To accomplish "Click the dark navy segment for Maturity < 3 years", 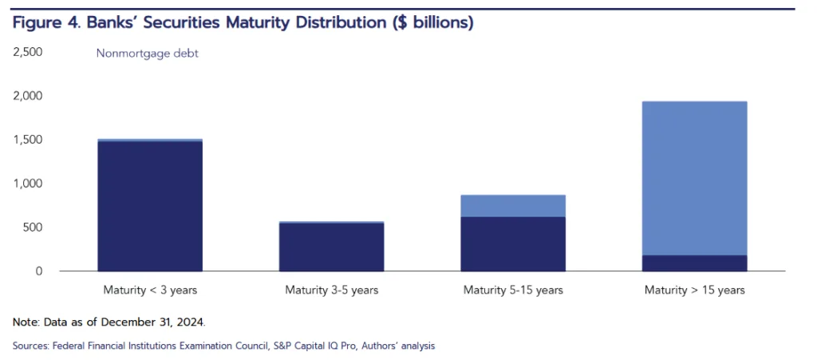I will pos(149,206).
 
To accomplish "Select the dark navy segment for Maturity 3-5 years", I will pos(331,247).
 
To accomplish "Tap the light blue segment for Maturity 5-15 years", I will pos(513,206).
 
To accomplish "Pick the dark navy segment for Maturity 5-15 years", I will pos(513,243).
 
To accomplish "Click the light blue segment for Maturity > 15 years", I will pos(695,178).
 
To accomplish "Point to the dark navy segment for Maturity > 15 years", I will pos(695,263).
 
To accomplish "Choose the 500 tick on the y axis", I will pos(31,227).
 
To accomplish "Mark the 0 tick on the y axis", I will pos(37,271).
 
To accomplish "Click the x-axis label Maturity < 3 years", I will pos(149,290).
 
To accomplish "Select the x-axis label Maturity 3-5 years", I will pos(331,290).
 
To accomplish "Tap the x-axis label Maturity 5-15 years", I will pos(513,290).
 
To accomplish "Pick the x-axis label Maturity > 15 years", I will pos(695,290).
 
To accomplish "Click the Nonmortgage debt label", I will pos(147,54).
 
